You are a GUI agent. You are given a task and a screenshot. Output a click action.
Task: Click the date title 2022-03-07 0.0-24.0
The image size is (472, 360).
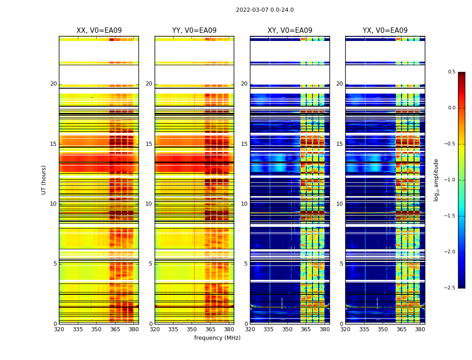[x=265, y=10]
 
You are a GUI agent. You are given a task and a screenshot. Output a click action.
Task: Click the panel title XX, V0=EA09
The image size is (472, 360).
[x=99, y=31]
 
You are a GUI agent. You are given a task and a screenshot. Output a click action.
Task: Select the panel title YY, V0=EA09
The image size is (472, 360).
[x=194, y=31]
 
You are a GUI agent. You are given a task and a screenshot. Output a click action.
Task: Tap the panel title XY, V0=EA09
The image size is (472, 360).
[x=289, y=31]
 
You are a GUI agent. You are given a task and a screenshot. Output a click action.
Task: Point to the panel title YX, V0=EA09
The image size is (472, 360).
[x=385, y=31]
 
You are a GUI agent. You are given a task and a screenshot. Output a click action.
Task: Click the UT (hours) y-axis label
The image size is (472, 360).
[x=44, y=180]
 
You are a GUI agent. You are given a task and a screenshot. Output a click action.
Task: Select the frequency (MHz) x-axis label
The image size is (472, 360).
[x=217, y=338]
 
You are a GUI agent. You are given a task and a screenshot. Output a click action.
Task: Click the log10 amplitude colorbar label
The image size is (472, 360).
[x=436, y=180]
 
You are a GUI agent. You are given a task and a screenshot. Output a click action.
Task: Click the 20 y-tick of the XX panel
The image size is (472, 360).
[x=53, y=84]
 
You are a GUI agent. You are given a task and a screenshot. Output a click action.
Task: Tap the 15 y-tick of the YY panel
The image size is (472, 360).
[x=149, y=144]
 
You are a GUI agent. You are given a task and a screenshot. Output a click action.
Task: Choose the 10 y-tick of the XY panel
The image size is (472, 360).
[x=244, y=204]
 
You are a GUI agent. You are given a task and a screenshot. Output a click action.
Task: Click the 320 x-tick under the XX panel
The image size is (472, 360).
[x=59, y=329]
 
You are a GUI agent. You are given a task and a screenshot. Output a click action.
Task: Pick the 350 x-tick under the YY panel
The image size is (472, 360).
[x=192, y=329]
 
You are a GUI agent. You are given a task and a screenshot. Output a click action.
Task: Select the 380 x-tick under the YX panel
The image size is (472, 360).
[x=420, y=329]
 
